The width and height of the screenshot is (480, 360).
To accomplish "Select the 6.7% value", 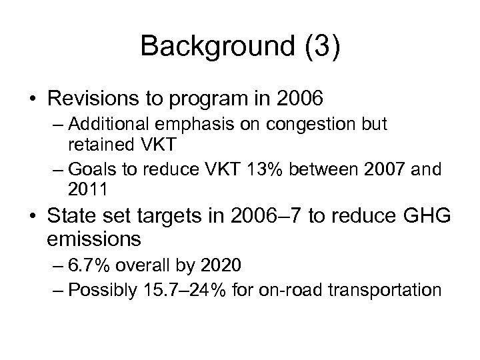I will point(103,267).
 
